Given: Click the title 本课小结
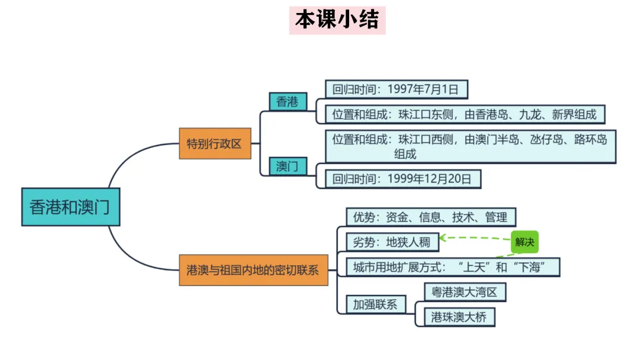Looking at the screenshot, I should tap(337, 20).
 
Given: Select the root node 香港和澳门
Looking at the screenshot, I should tap(70, 207).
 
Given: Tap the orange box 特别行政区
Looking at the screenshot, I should tap(214, 143).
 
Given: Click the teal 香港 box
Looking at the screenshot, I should tap(288, 102).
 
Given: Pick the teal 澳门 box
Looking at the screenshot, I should tap(288, 166).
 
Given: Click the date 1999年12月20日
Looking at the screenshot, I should tap(430, 179).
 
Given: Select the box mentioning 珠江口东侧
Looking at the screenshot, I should tap(465, 114).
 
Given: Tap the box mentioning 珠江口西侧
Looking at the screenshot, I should tap(470, 146).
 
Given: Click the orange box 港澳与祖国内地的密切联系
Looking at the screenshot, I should tap(253, 271).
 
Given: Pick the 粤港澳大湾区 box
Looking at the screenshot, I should tap(465, 292).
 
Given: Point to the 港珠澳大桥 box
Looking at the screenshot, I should tap(459, 317).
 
